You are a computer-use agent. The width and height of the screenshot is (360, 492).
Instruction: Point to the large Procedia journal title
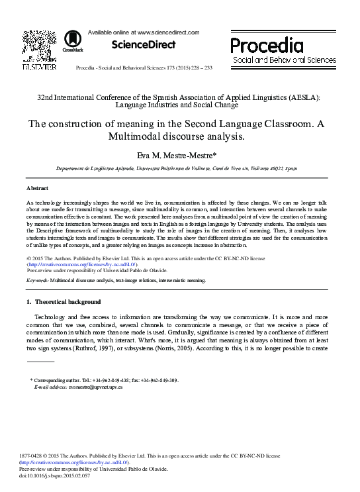[267, 46]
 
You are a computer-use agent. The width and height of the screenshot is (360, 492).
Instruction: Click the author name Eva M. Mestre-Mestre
[179, 156]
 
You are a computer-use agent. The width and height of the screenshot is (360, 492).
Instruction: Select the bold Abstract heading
[38, 188]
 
